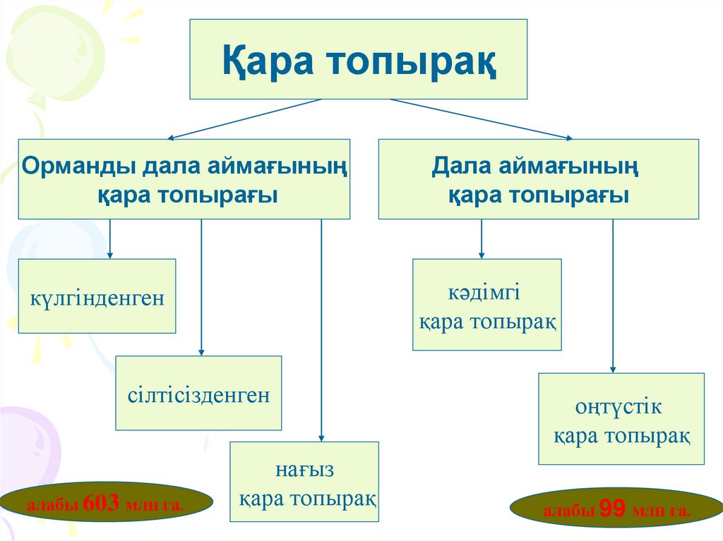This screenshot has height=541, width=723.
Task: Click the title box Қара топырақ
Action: [x=358, y=59]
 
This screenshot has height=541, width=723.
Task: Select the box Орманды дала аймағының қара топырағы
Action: [x=184, y=179]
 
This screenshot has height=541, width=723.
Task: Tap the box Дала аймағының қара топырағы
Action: [x=538, y=179]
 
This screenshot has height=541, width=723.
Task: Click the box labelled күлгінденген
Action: [x=97, y=296]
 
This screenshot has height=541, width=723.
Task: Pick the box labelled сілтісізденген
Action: [x=198, y=393]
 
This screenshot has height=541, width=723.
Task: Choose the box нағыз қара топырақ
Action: [x=304, y=482]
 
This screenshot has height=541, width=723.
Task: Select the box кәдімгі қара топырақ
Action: [x=486, y=305]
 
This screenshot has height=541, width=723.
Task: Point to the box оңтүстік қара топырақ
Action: [x=621, y=419]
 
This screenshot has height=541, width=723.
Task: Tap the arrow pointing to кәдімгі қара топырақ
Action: [x=482, y=238]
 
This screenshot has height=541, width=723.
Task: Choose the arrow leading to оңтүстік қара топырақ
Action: [x=613, y=296]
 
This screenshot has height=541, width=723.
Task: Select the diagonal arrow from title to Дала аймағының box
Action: [x=480, y=118]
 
